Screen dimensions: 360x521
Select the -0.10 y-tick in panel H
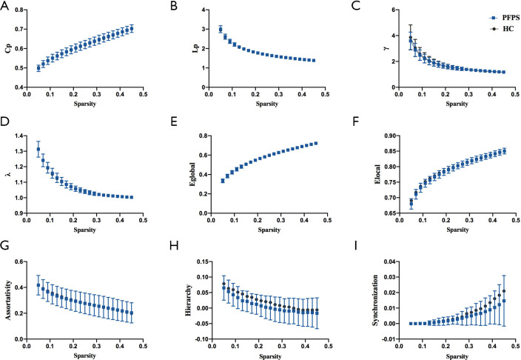[x=194, y=339]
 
